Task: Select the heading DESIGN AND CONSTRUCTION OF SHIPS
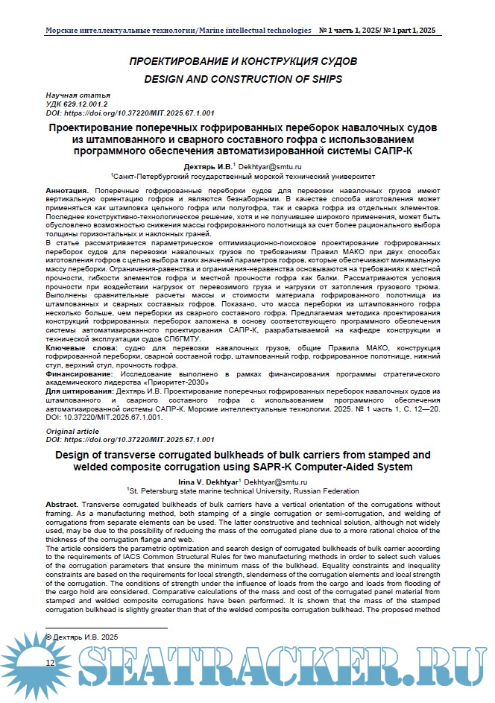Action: pyautogui.click(x=242, y=78)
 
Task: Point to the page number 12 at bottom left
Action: pyautogui.click(x=50, y=663)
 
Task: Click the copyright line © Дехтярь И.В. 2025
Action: pyautogui.click(x=82, y=637)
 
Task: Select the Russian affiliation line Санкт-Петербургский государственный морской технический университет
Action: pyautogui.click(x=243, y=177)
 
